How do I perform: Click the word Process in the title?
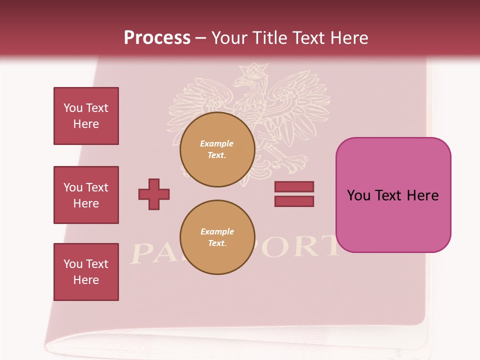pos(157,38)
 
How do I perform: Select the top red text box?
pos(86,116)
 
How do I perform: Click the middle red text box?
pos(86,195)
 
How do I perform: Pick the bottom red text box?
pos(86,272)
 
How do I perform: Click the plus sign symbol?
pos(154,194)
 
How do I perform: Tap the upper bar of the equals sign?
pos(294,187)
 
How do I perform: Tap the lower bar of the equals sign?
pos(294,201)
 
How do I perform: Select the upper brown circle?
pos(217,149)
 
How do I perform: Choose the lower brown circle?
pos(217,237)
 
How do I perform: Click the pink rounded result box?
pos(393,195)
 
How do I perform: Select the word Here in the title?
pos(348,38)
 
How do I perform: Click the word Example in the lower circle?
pos(217,231)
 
